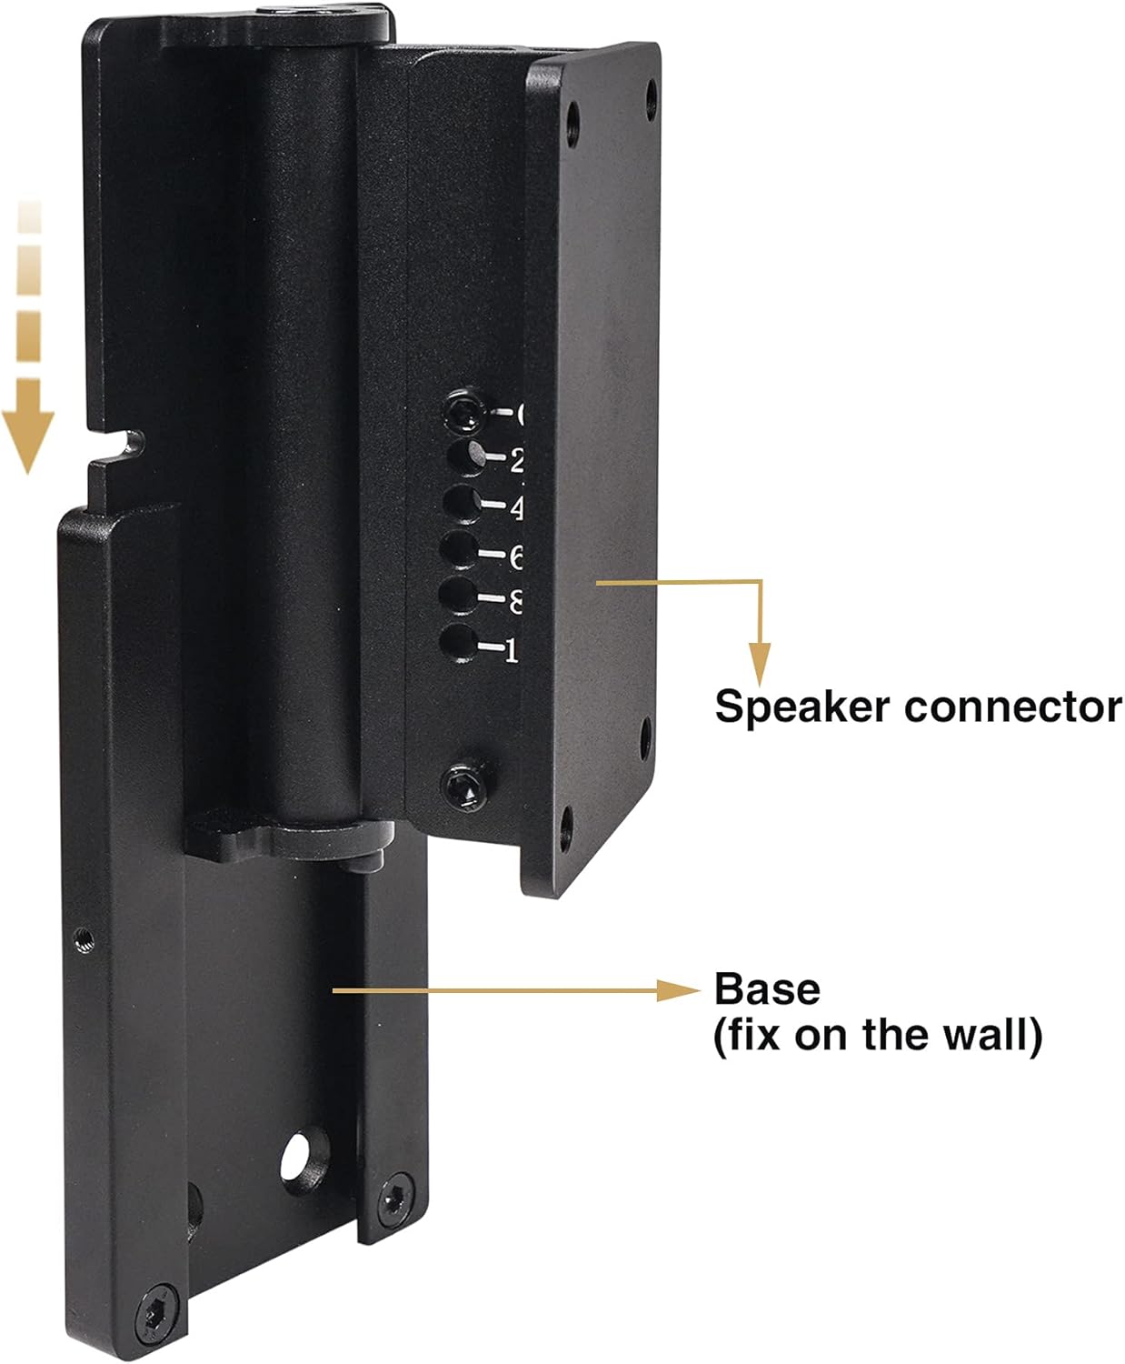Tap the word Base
click(x=767, y=989)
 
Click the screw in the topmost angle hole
click(x=462, y=412)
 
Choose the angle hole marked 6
click(x=461, y=549)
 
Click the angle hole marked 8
click(x=458, y=596)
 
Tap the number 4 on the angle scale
click(x=516, y=508)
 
